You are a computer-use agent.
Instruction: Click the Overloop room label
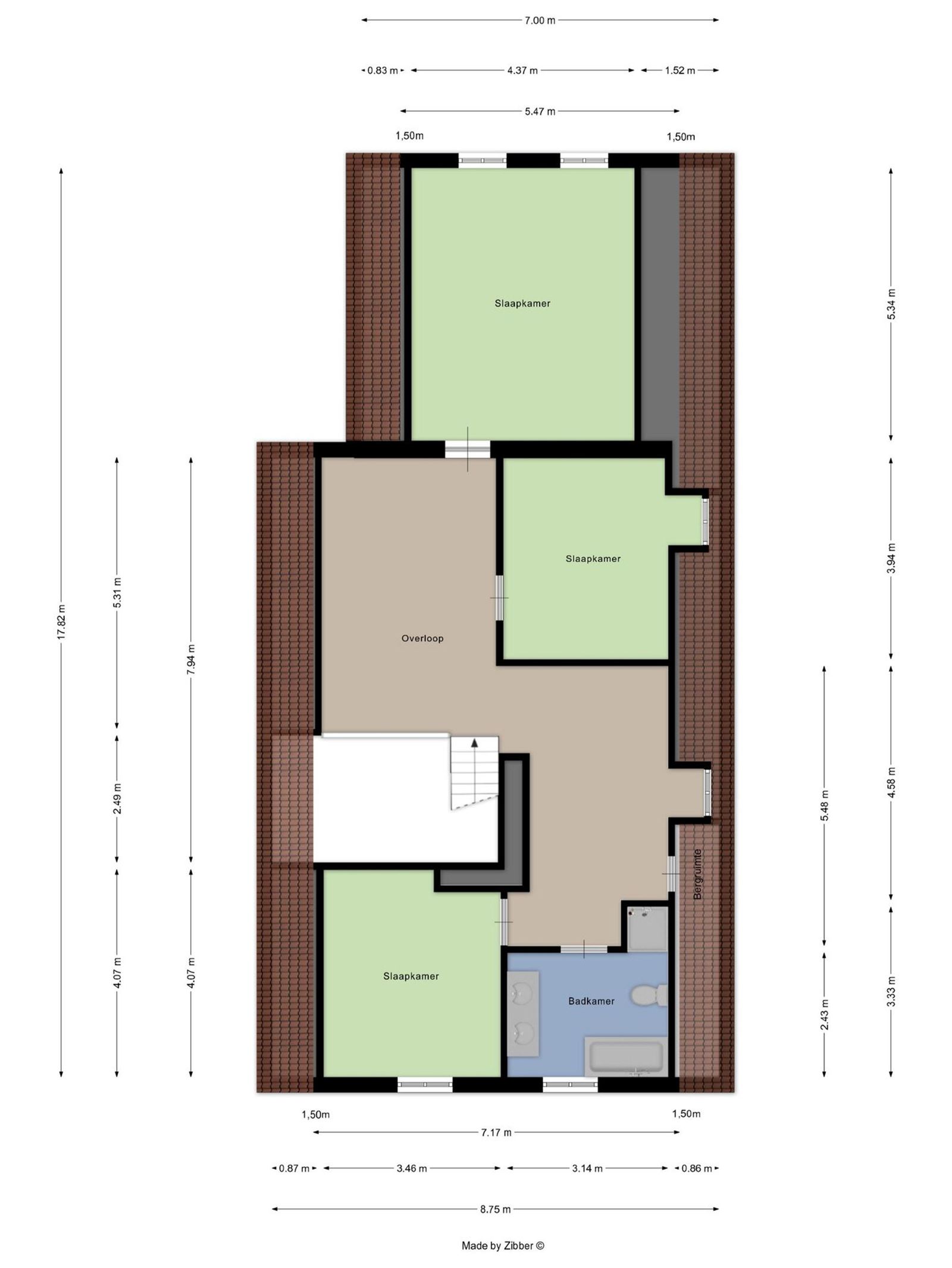click(422, 638)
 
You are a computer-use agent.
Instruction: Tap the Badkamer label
click(591, 1001)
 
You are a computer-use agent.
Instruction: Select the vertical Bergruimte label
click(698, 873)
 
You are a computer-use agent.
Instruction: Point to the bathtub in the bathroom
click(624, 1056)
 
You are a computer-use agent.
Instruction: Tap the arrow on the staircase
click(474, 742)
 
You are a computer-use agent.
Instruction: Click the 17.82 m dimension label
click(61, 621)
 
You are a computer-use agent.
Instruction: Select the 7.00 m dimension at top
click(540, 20)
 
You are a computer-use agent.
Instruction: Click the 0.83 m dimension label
click(383, 70)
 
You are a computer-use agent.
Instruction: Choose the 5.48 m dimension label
click(824, 805)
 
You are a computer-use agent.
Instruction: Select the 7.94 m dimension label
click(190, 659)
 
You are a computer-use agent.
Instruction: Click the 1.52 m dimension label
click(680, 70)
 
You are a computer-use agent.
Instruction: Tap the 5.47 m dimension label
click(540, 111)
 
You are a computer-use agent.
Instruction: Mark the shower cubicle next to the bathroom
click(648, 929)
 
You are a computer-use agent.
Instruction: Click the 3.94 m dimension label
click(891, 558)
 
